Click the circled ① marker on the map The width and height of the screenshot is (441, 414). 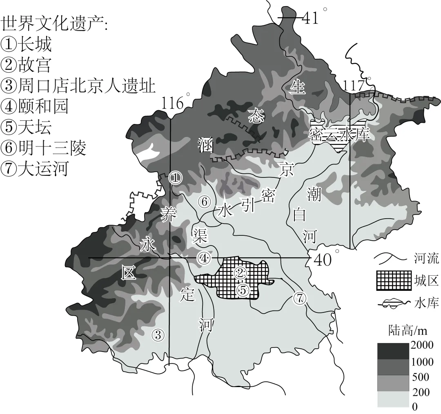pos(174,177)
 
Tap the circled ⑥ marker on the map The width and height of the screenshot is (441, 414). pos(204,201)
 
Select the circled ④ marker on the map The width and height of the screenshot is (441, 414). pos(204,258)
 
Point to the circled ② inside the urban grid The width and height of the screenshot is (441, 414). pos(241,272)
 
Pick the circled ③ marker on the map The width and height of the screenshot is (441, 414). pos(158,335)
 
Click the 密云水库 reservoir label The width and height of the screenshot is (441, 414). pos(339,135)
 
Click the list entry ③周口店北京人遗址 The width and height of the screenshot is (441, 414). pos(78,86)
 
